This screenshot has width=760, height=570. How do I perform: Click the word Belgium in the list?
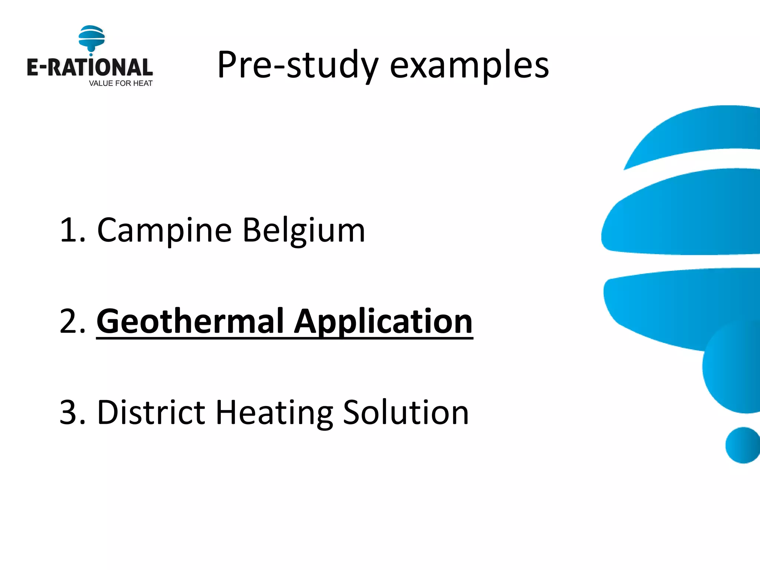pos(304,231)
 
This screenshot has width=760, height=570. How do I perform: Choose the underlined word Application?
pos(383,322)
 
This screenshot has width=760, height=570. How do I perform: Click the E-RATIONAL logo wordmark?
pos(89,68)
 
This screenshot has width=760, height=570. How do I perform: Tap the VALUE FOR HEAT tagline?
pos(121,83)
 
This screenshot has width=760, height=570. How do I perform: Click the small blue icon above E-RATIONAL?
pos(92,37)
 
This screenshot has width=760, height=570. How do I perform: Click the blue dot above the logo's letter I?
pos(91,55)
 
